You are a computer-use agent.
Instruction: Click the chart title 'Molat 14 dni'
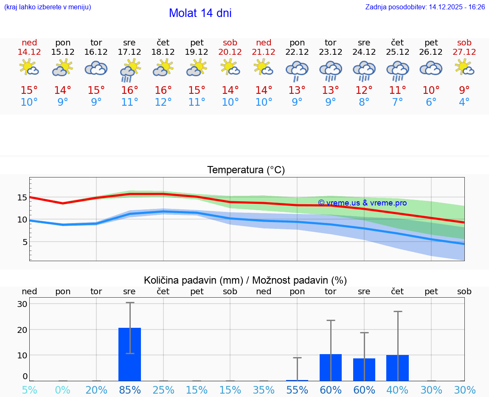(x=200, y=13)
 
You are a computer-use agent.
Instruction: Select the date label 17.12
(x=129, y=52)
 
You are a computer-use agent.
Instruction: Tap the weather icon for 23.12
(x=331, y=70)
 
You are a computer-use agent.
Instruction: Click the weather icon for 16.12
(x=96, y=68)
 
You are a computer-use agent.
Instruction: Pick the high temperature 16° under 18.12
(x=163, y=90)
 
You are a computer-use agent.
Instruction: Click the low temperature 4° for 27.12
(x=464, y=102)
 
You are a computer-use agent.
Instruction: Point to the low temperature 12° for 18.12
(x=163, y=102)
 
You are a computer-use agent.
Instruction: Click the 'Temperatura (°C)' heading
(x=246, y=170)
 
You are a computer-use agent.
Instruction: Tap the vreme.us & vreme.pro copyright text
(x=362, y=203)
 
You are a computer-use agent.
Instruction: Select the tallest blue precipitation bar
(x=129, y=354)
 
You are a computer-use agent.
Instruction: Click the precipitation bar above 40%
(x=397, y=368)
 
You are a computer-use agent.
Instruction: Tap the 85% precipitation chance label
(x=129, y=390)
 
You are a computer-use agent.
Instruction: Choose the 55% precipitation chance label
(x=297, y=390)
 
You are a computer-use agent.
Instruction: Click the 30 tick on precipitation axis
(x=22, y=304)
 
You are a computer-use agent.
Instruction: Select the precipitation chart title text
(x=245, y=280)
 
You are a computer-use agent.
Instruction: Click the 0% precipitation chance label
(x=63, y=390)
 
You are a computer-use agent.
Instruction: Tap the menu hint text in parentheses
(x=48, y=7)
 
